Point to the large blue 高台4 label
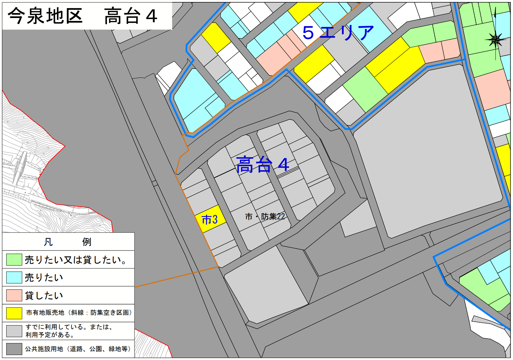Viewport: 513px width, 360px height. click(262, 164)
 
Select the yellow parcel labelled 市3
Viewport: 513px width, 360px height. click(210, 219)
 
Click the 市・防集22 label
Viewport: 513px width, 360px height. click(265, 216)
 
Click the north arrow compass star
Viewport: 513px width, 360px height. click(495, 40)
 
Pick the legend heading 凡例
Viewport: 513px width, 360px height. click(68, 242)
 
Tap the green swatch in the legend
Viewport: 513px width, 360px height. click(14, 260)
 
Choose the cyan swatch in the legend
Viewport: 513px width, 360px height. click(14, 277)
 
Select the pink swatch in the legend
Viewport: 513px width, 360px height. click(14, 295)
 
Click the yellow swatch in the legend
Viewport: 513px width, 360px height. click(14, 313)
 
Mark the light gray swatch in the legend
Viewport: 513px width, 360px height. click(14, 331)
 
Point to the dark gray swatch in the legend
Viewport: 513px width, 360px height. click(14, 349)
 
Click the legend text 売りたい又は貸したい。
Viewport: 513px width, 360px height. click(76, 260)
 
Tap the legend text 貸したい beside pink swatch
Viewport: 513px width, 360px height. click(44, 295)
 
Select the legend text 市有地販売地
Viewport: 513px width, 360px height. click(45, 313)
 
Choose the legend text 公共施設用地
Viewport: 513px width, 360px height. click(44, 349)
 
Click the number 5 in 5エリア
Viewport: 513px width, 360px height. click(308, 32)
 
